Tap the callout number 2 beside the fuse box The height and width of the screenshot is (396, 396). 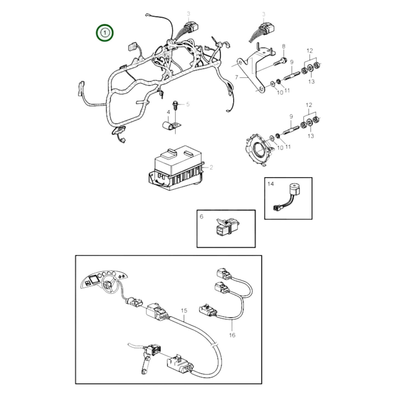[211, 167]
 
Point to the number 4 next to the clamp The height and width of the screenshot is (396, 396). [168, 112]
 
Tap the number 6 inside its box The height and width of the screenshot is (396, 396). [201, 217]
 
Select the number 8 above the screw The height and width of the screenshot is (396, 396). [284, 46]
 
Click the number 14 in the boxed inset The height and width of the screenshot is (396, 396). [270, 184]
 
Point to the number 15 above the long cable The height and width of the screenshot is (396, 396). [184, 310]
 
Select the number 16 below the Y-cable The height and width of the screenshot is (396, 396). [232, 335]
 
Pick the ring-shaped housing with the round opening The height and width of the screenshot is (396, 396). [258, 149]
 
